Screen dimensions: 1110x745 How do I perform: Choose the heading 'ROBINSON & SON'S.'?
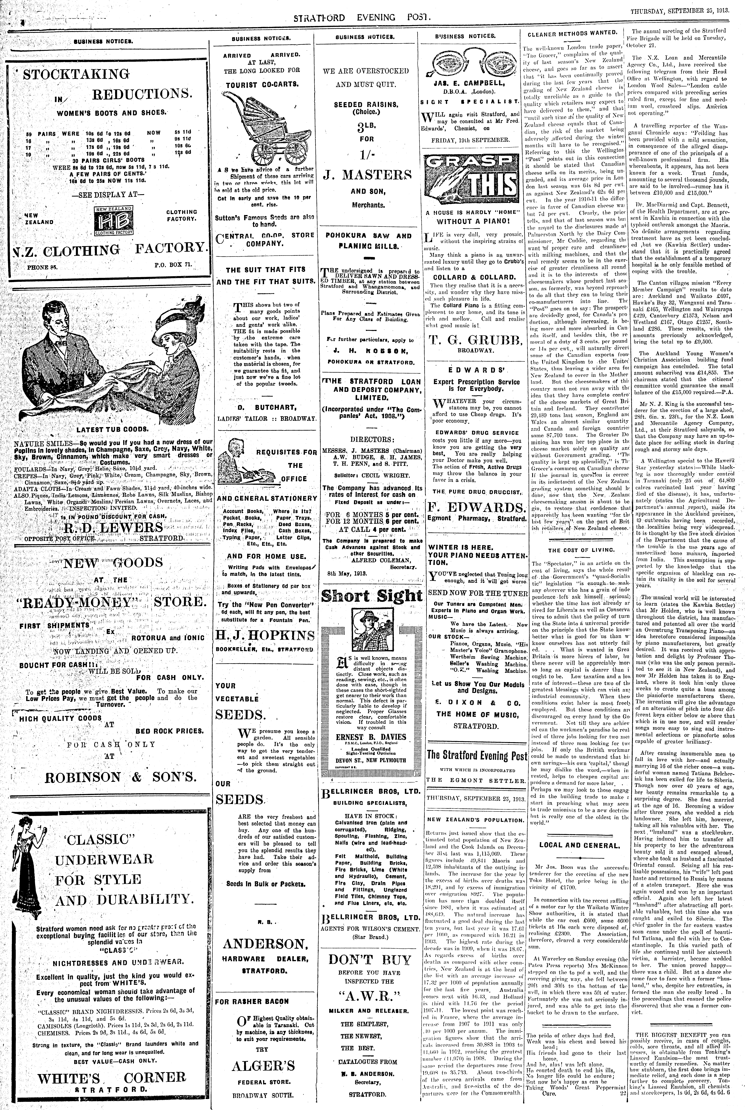click(x=121, y=777)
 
